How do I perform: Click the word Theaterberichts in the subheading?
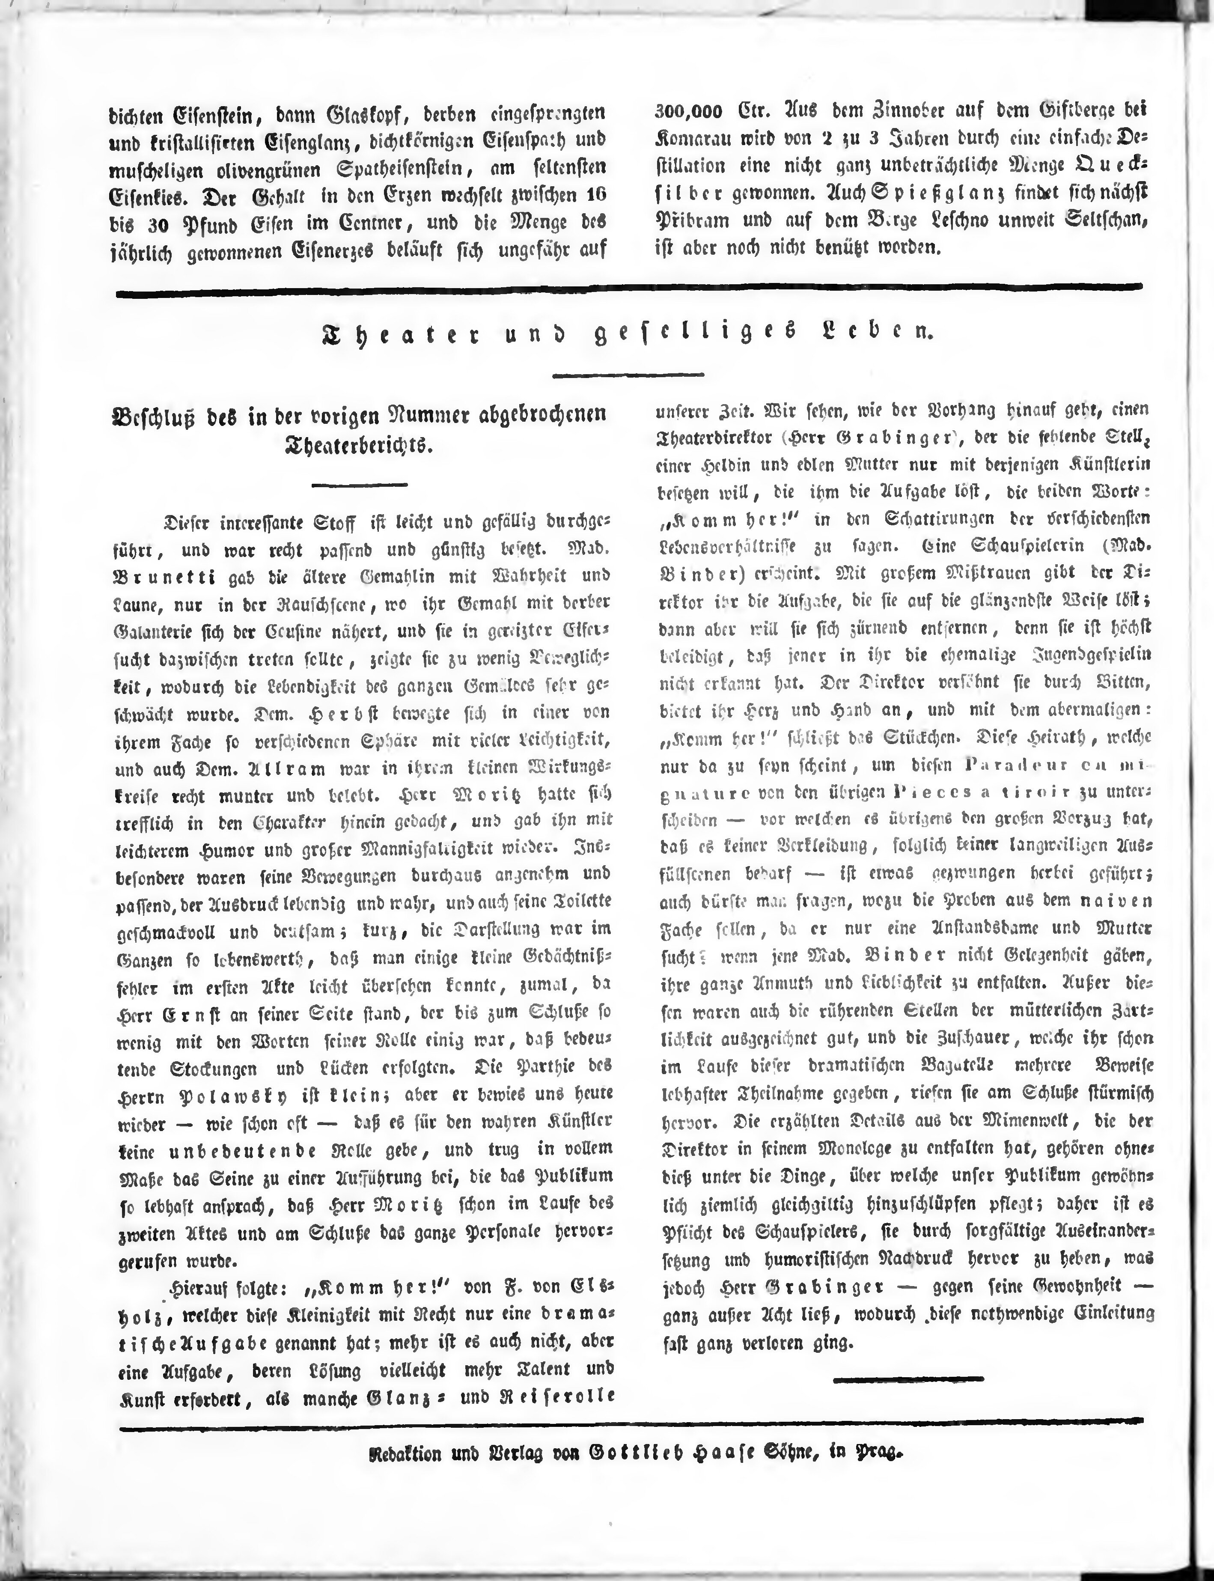[358, 445]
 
